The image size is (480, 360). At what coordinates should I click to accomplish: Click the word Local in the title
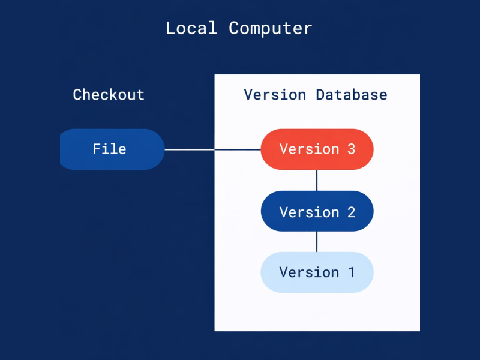point(191,28)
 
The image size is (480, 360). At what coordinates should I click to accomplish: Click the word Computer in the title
point(271,28)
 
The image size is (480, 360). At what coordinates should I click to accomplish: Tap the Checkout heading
point(109,95)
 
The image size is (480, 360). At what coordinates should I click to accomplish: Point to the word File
point(109,149)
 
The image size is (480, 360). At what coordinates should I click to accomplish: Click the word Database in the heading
point(352,95)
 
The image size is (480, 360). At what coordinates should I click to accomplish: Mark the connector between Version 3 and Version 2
point(317,180)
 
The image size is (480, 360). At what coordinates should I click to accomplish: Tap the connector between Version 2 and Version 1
point(317,241)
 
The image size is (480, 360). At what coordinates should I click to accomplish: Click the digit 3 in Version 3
point(351,149)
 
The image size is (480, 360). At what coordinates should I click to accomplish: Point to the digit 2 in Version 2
point(351,212)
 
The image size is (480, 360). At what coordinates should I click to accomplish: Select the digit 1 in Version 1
point(351,272)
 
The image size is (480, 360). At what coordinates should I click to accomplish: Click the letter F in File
point(97,149)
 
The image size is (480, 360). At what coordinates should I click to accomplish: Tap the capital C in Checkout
point(77,95)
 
